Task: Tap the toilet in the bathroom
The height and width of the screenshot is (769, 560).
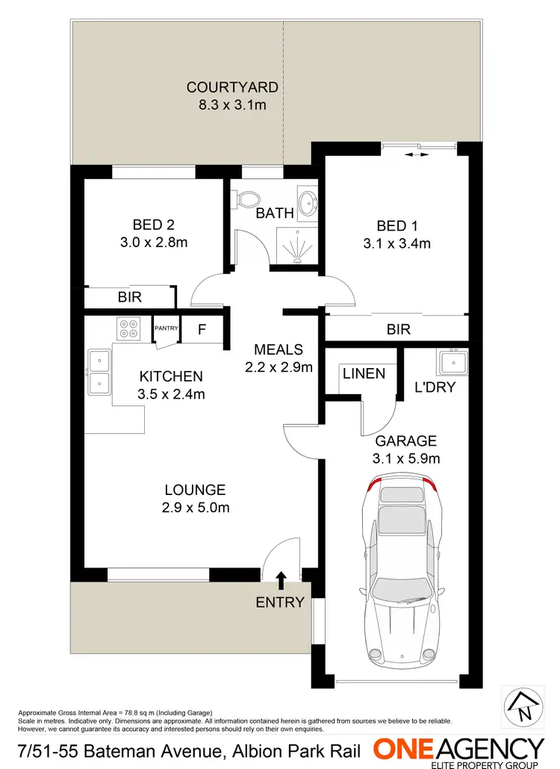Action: (x=246, y=199)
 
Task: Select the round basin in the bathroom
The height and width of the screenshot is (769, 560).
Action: (x=307, y=203)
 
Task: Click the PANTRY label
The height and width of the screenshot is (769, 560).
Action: (x=166, y=328)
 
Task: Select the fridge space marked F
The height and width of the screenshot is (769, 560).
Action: (x=202, y=329)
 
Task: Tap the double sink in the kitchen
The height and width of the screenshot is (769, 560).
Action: (x=99, y=373)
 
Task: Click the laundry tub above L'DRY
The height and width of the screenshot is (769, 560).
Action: (x=452, y=363)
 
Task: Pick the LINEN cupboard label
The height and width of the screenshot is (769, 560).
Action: (x=363, y=373)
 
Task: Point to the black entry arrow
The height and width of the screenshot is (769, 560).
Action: (x=281, y=579)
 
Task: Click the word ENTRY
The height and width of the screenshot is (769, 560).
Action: (x=280, y=603)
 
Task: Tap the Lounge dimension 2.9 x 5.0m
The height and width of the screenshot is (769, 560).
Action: (x=196, y=508)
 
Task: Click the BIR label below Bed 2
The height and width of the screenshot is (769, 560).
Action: (x=130, y=297)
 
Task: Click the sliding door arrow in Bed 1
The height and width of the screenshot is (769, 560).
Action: (x=416, y=155)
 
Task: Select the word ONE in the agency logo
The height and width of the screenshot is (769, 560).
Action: (x=406, y=749)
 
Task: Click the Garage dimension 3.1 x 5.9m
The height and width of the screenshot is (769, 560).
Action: (x=406, y=458)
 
